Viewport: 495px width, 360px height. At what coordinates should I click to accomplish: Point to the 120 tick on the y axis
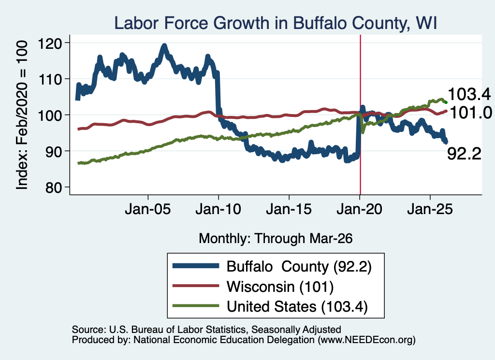coord(50,43)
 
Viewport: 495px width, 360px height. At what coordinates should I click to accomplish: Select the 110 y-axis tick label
coord(50,79)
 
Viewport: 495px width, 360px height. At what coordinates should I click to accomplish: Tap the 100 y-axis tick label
coord(50,115)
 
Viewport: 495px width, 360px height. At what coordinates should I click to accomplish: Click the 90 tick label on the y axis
coord(54,151)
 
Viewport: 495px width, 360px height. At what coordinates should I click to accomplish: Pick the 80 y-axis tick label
coord(54,187)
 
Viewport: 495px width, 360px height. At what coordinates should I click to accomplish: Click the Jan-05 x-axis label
coord(148,209)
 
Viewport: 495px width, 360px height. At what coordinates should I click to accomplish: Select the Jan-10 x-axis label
coord(218,209)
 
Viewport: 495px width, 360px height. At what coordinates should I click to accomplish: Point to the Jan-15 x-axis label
coord(289,209)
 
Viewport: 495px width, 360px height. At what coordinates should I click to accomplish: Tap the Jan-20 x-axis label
coord(360,209)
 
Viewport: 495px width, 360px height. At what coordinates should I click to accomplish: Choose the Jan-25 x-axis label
coord(430,209)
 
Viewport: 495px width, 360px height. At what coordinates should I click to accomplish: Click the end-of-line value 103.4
coord(469,94)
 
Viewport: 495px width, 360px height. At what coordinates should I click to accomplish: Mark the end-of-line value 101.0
coord(471,113)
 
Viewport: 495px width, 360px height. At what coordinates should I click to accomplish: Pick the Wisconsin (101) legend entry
coord(280,287)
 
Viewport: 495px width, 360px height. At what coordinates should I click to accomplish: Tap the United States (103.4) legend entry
coord(297,307)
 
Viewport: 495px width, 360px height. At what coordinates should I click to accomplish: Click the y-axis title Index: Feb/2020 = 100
coord(22,115)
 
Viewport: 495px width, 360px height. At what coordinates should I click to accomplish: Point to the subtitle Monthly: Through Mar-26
coord(276,239)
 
